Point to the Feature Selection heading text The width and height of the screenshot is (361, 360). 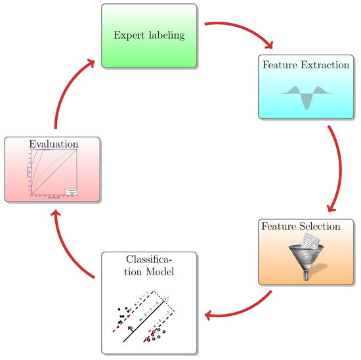(301, 227)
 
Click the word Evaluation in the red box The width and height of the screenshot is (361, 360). (53, 144)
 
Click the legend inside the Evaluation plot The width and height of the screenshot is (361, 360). (70, 192)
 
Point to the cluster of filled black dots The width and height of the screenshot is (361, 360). (119, 314)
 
